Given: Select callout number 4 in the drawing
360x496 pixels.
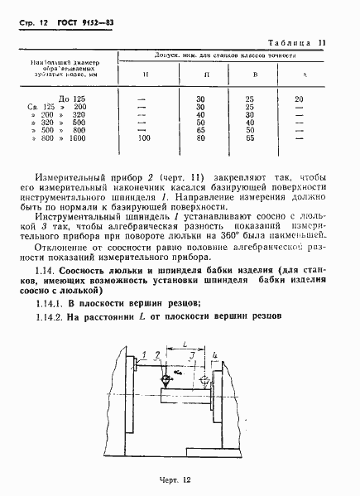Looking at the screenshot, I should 215,356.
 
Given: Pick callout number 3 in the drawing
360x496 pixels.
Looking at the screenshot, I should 192,354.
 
